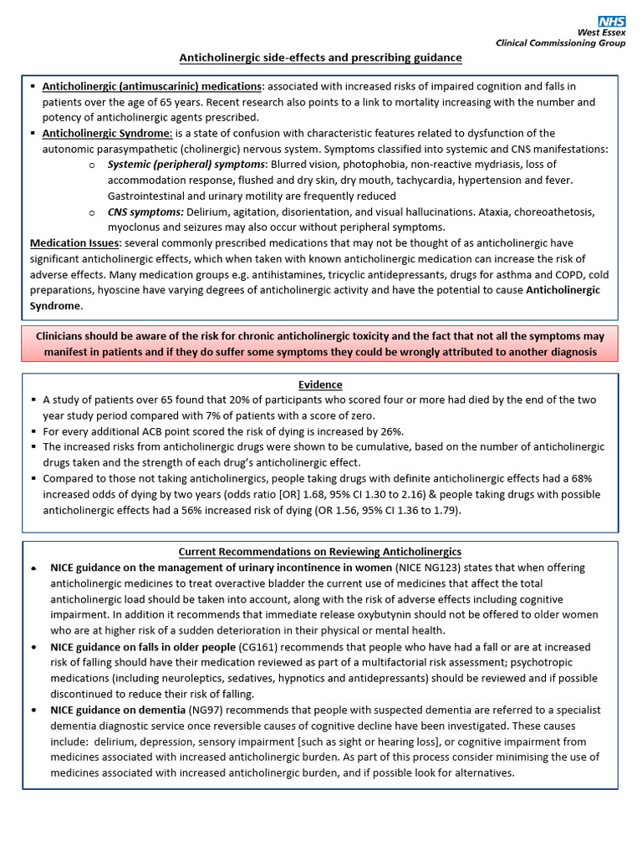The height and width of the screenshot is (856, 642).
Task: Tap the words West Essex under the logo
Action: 601,33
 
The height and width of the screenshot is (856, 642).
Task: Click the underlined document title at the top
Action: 321,58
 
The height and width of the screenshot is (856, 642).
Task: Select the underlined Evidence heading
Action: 321,385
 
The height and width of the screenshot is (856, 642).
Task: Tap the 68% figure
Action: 579,479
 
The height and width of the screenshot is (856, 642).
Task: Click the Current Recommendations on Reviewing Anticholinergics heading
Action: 321,552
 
